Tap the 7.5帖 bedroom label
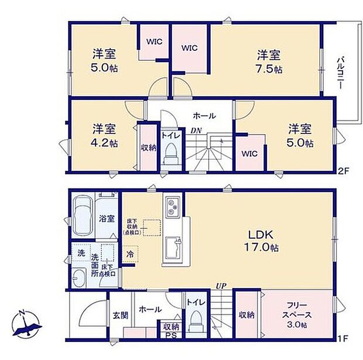tap(269, 62)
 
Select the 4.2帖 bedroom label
tap(103, 135)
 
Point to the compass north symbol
tap(27, 325)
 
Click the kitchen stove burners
tap(173, 207)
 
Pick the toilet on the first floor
tap(196, 321)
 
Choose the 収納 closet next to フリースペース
tap(246, 314)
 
